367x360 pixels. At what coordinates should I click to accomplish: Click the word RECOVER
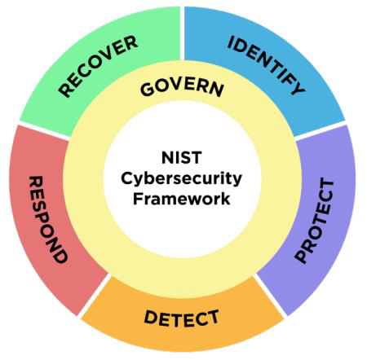click(x=98, y=66)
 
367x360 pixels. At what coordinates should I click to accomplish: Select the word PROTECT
click(x=315, y=221)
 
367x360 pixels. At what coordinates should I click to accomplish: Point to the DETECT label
click(x=181, y=318)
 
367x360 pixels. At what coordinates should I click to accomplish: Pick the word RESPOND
click(x=48, y=219)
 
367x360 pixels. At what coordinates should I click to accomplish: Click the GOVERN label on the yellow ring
click(x=182, y=87)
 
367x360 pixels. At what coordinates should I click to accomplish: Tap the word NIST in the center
click(x=181, y=158)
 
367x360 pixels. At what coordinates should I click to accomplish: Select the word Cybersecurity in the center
click(x=181, y=179)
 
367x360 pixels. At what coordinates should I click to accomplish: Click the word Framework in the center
click(x=181, y=199)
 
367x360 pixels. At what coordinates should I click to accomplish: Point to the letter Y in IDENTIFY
click(x=297, y=87)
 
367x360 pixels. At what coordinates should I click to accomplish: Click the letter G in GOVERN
click(x=148, y=89)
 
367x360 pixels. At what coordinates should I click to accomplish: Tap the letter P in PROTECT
click(x=303, y=256)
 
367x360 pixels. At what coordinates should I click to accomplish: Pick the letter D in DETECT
click(x=152, y=318)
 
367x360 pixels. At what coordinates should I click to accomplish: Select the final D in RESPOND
click(x=59, y=255)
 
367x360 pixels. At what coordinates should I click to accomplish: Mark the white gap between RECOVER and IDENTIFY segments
click(x=182, y=33)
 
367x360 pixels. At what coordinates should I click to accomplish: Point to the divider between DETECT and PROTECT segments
click(x=271, y=296)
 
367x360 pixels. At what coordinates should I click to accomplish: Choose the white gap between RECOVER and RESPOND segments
click(x=44, y=131)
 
